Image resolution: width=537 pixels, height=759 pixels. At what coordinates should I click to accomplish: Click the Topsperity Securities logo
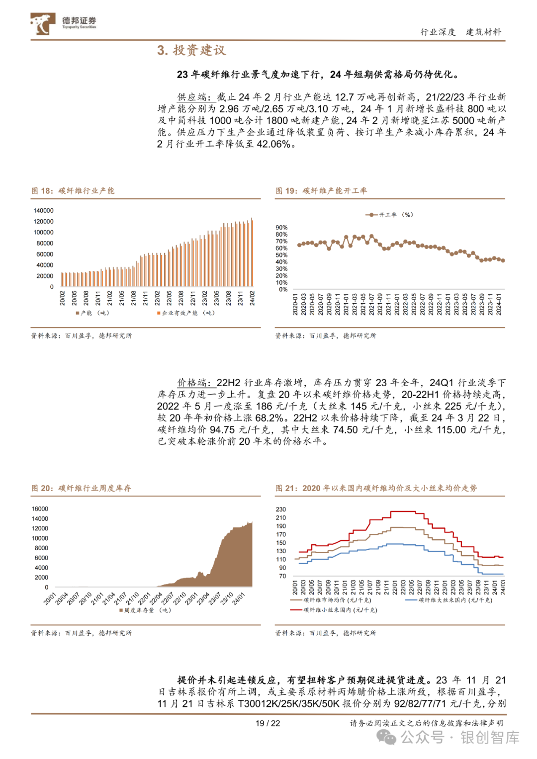point(64,23)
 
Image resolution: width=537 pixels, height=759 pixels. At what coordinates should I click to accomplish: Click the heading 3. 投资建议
point(191,50)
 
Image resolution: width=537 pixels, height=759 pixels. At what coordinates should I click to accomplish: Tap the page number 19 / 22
point(268,723)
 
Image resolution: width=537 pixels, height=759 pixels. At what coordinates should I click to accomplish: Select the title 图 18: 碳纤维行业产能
point(73,191)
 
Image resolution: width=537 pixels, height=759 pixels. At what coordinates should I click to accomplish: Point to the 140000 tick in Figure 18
point(43,210)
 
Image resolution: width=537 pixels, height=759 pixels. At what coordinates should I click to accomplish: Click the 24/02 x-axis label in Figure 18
point(252,298)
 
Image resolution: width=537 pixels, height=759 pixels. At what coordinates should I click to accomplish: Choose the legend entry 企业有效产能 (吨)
point(186,313)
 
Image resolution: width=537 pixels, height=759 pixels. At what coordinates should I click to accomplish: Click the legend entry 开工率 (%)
point(389,215)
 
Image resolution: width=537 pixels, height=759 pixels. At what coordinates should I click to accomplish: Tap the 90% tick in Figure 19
point(281,227)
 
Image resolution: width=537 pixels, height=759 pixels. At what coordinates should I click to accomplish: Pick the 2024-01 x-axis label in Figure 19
point(499,304)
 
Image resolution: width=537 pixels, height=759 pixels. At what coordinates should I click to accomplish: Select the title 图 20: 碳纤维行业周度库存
point(81,488)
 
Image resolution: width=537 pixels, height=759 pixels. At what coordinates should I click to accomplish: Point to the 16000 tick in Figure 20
point(40,508)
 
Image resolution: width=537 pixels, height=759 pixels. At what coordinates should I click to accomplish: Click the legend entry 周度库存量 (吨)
point(145,610)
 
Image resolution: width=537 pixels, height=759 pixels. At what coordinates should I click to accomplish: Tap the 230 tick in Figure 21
point(281,509)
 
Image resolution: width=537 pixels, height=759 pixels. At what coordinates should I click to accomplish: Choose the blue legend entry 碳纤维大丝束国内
point(449,600)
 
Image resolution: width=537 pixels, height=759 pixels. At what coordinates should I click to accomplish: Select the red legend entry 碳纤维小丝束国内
point(334,610)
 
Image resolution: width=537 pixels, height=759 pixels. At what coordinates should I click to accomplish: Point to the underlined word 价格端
point(191,383)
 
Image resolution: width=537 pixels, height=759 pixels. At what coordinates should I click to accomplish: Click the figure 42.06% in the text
point(273,144)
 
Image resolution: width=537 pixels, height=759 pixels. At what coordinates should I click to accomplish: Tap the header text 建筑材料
point(483,32)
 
